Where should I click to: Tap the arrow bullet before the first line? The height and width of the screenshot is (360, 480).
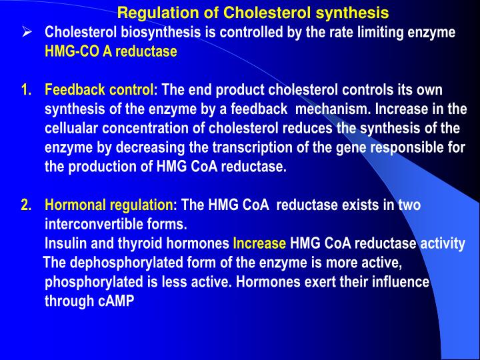point(27,33)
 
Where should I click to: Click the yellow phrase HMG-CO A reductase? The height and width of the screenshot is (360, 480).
point(111,51)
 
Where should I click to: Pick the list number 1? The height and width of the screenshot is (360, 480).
point(26,90)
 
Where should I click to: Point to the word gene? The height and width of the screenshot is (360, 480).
point(349,148)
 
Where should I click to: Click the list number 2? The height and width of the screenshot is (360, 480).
point(26,205)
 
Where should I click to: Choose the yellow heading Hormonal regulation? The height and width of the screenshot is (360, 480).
point(110,205)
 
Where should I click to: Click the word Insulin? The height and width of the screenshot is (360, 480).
point(65,244)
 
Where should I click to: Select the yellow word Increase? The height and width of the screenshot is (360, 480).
point(259,244)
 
